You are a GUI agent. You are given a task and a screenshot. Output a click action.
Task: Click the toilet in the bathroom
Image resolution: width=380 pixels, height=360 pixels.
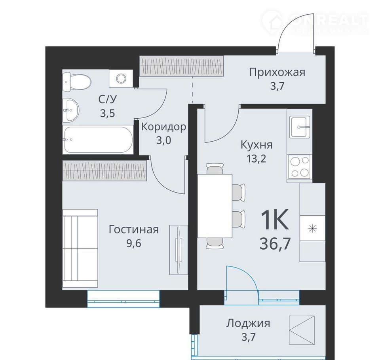(x=76, y=81)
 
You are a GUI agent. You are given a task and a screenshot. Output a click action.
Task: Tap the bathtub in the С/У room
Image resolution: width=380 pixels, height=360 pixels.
(x=99, y=140)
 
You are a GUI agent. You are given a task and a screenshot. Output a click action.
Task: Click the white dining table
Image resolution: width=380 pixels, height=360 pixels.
(x=215, y=206)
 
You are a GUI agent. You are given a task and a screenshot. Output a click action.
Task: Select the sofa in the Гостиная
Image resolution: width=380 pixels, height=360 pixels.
(x=80, y=248)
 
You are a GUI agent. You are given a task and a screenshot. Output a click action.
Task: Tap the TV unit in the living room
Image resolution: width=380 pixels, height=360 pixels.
(x=179, y=250)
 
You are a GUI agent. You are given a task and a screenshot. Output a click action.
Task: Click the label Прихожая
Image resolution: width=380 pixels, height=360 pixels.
(x=277, y=72)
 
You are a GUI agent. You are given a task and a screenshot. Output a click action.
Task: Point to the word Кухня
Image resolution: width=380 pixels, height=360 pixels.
(x=256, y=145)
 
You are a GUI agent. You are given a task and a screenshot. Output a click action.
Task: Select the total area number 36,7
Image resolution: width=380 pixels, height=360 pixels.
(x=275, y=243)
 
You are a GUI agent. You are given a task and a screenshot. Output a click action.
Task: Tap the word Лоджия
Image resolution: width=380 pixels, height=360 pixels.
(x=248, y=324)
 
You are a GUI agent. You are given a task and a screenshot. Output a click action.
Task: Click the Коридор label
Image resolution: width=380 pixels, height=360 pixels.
(x=164, y=127)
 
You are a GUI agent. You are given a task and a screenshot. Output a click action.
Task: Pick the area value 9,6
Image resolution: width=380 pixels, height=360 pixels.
(x=134, y=243)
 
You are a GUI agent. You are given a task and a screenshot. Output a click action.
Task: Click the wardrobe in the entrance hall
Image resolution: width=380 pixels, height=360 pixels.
(x=182, y=66)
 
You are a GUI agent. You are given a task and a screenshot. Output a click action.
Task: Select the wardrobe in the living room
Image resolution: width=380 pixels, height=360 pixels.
(x=104, y=171)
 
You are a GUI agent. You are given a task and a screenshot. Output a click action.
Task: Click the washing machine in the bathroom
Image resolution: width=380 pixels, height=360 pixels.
(x=121, y=78)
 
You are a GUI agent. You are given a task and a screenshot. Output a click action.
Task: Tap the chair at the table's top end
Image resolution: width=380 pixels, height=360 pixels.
(x=215, y=169)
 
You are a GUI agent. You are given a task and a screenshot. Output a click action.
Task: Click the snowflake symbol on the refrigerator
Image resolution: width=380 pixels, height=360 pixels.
(x=313, y=228)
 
